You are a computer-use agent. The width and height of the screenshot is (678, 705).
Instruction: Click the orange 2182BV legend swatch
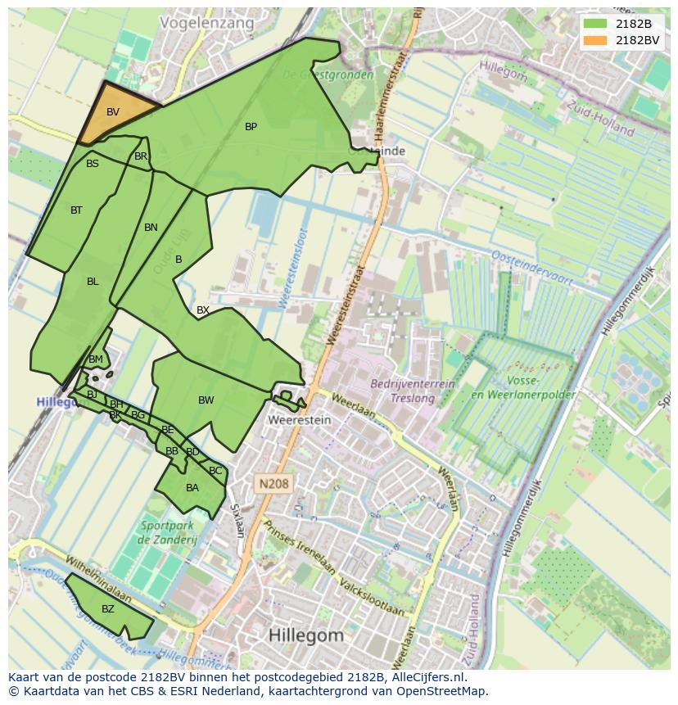[x=596, y=40]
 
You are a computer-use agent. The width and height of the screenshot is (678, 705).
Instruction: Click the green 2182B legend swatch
[x=596, y=24]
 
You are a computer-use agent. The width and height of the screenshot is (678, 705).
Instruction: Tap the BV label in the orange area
[x=113, y=112]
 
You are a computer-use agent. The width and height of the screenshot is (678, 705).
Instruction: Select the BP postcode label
[x=251, y=127]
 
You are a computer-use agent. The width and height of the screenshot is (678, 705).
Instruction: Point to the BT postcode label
[x=76, y=210]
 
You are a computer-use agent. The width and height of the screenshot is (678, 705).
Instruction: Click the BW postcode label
[x=206, y=400]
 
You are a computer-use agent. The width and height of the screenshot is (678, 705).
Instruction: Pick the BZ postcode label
[x=108, y=609]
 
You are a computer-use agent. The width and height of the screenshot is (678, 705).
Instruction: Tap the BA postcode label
[x=192, y=488]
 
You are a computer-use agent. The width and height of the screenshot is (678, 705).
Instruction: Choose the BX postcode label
[x=203, y=310]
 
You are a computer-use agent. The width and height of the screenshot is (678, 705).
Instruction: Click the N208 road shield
[x=273, y=484]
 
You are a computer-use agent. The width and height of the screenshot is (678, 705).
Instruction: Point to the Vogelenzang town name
[x=207, y=24]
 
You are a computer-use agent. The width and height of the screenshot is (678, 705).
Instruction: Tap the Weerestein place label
[x=300, y=420]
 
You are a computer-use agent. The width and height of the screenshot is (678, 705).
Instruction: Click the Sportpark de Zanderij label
[x=167, y=532]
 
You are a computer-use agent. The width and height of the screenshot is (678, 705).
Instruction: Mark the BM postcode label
[x=96, y=359]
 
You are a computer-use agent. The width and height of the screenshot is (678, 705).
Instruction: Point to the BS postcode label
[x=93, y=164]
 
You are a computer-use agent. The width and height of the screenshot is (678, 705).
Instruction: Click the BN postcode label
[x=151, y=228]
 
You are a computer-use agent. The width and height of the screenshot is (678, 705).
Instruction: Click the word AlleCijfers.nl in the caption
[x=426, y=677]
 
